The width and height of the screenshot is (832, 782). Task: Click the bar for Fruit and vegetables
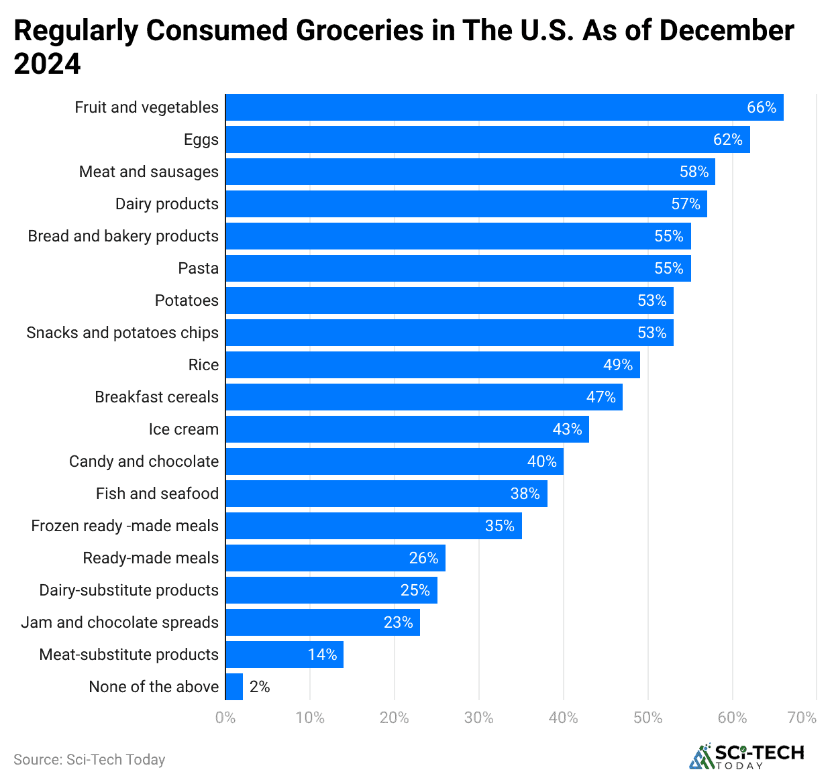click(503, 107)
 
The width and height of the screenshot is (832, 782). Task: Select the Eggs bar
click(487, 139)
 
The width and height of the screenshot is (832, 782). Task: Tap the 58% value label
click(694, 172)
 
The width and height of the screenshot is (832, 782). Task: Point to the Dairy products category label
click(167, 204)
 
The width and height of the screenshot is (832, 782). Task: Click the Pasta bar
click(458, 268)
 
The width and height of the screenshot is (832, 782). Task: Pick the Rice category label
click(203, 365)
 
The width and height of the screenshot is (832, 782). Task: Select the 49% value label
click(617, 365)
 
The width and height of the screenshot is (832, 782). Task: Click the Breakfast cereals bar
click(424, 397)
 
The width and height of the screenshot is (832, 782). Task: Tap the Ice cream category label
click(184, 429)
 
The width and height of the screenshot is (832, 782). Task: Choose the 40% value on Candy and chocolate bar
click(541, 461)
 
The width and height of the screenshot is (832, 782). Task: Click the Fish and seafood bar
click(386, 494)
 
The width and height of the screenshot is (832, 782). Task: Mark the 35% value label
click(499, 526)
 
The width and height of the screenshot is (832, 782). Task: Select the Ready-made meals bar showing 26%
click(335, 558)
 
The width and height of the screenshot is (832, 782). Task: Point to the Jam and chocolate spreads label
click(120, 622)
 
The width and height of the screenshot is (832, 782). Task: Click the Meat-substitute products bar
click(284, 655)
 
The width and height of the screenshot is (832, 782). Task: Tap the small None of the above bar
click(234, 687)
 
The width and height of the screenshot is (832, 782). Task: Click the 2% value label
click(260, 687)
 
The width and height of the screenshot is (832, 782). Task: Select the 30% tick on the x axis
click(478, 718)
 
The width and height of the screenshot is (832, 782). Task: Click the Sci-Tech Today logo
click(746, 757)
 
